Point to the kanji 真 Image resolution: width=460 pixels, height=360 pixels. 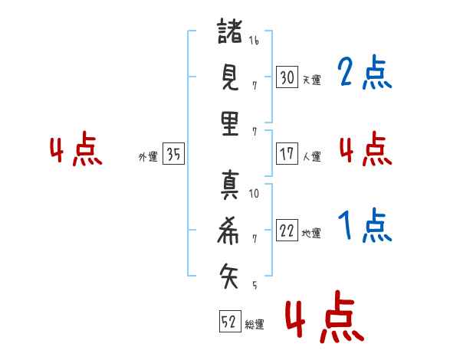click(230, 186)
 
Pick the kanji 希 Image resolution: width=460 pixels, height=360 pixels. click(230, 229)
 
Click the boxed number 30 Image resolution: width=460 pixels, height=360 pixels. click(287, 77)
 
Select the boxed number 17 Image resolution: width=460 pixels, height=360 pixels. click(287, 153)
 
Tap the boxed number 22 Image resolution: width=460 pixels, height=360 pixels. click(287, 230)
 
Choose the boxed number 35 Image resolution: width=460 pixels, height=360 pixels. click(173, 155)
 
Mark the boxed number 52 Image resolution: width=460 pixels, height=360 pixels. click(229, 322)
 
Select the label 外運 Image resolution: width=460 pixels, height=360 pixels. click(148, 157)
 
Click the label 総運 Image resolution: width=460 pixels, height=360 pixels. click(255, 325)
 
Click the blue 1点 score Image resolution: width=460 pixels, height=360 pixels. click(364, 226)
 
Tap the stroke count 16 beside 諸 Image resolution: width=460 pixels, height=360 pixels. click(254, 41)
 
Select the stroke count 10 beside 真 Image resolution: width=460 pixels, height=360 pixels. click(254, 194)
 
